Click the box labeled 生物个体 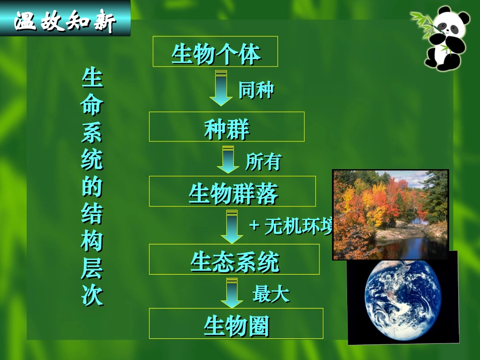(215, 52)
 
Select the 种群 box (226, 127)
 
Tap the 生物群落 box (232, 191)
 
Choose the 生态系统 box (234, 260)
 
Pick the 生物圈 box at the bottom (236, 324)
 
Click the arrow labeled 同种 (221, 88)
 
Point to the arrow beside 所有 (228, 159)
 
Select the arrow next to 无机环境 (232, 227)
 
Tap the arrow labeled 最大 (232, 292)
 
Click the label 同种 (256, 90)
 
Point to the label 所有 (263, 162)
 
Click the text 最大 (271, 293)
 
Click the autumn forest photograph (390, 215)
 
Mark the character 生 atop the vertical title (92, 78)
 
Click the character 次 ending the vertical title (92, 295)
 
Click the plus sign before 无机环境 (254, 226)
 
